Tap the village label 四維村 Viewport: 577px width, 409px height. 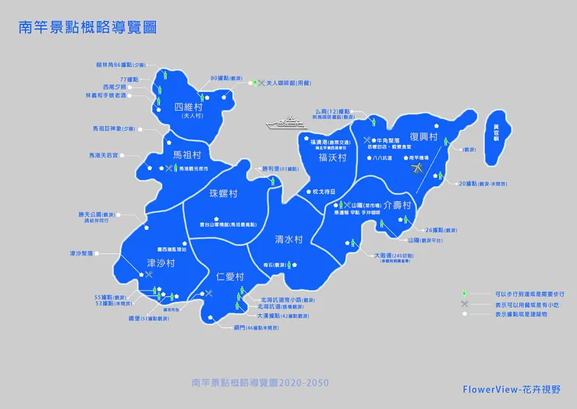tap(191, 107)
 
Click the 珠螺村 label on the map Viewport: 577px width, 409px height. tap(224, 192)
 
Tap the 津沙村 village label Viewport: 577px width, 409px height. tap(160, 263)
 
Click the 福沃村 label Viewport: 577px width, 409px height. tap(332, 157)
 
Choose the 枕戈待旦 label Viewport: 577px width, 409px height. tap(323, 191)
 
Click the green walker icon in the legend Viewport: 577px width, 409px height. tap(464, 294)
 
